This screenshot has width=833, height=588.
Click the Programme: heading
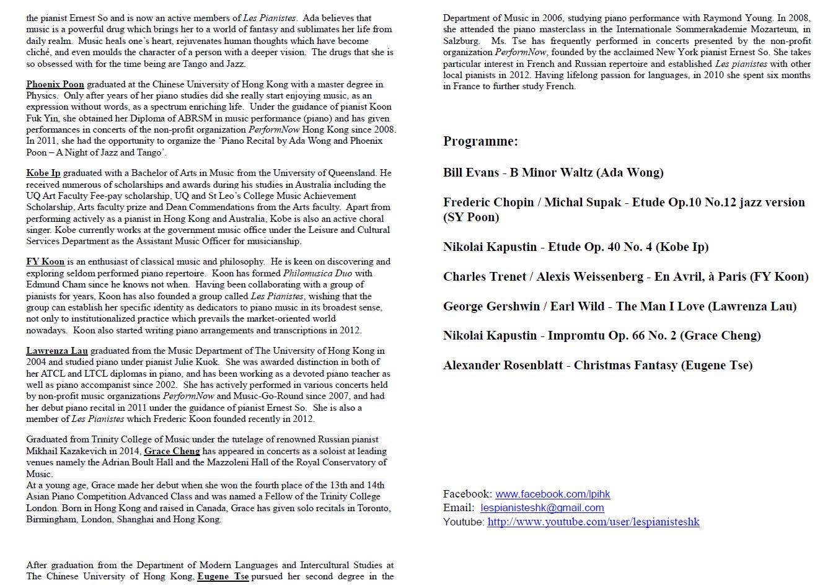(480, 141)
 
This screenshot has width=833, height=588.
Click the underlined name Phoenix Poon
(55, 84)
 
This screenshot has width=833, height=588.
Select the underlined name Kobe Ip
(43, 173)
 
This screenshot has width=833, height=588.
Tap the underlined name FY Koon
(45, 261)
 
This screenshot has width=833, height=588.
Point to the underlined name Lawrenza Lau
(57, 351)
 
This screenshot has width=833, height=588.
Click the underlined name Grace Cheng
(172, 451)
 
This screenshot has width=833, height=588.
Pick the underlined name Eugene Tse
(223, 576)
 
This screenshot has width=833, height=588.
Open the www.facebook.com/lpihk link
(552, 494)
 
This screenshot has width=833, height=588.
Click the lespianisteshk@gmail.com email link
(542, 507)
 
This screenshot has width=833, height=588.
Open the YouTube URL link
(593, 522)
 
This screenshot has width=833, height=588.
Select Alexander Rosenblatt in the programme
(503, 366)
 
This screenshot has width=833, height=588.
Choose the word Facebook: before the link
(467, 494)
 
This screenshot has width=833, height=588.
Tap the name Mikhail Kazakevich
(60, 451)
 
